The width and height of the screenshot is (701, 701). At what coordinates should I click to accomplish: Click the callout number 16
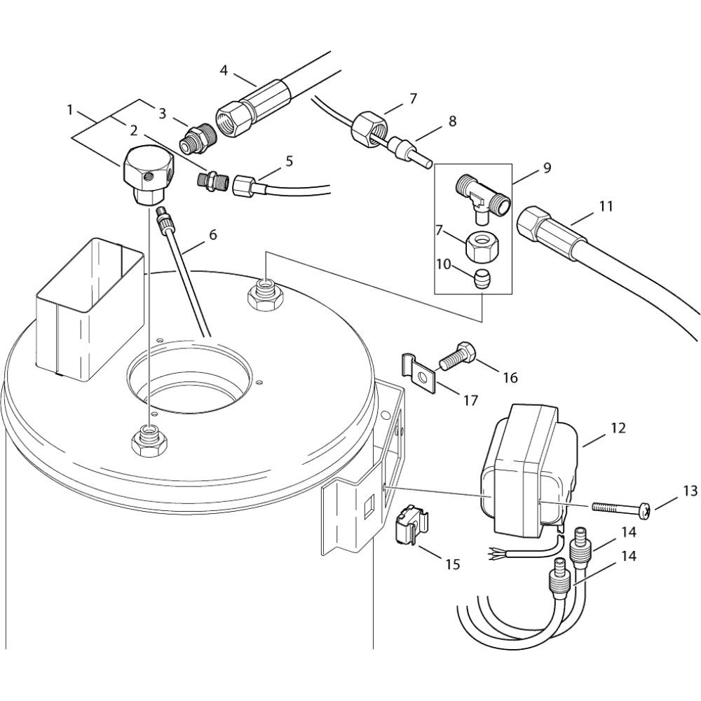(510, 377)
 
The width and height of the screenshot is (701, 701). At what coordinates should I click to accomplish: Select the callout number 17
(470, 400)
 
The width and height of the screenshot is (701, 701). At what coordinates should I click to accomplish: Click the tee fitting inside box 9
(482, 196)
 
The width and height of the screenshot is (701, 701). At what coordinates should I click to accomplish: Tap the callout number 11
(606, 206)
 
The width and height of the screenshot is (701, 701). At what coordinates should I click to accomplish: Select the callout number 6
(212, 234)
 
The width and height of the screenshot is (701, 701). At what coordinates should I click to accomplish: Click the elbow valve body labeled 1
(147, 177)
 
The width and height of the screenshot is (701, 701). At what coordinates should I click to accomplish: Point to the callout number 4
(224, 70)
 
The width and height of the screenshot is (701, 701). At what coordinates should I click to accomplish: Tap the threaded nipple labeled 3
(198, 138)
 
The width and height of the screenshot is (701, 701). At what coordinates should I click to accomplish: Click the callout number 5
(290, 161)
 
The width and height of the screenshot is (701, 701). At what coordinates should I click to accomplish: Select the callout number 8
(452, 121)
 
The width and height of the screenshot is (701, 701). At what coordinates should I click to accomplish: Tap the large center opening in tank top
(189, 376)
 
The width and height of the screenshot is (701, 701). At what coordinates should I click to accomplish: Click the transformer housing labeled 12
(529, 469)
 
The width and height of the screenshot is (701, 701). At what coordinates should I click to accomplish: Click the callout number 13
(690, 491)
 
